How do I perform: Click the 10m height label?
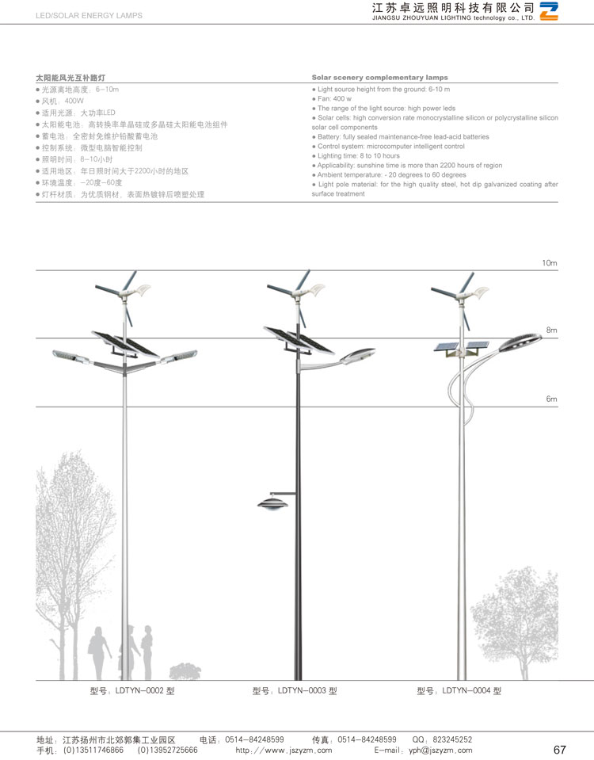[x=550, y=262]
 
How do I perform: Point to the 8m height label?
[x=551, y=329]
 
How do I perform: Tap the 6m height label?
[x=551, y=399]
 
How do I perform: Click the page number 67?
[x=559, y=750]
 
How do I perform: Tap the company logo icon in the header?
[x=549, y=10]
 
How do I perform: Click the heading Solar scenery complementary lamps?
[x=379, y=78]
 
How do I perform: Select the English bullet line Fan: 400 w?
[x=333, y=99]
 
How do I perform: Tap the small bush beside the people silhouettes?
[x=185, y=671]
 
